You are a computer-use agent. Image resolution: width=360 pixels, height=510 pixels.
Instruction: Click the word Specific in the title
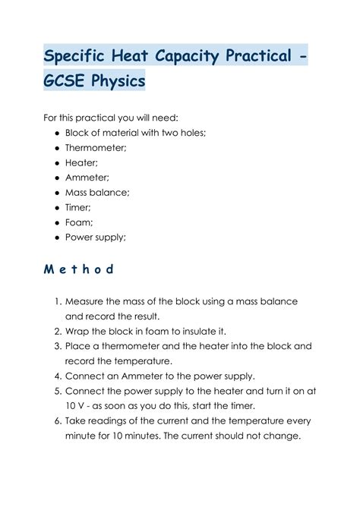(x=81, y=57)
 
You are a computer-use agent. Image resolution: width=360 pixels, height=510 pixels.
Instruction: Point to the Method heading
(x=78, y=269)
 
